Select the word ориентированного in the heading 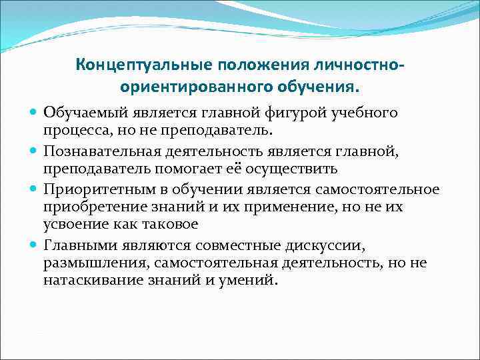pos(173,87)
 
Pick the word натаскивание pos(87,280)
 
